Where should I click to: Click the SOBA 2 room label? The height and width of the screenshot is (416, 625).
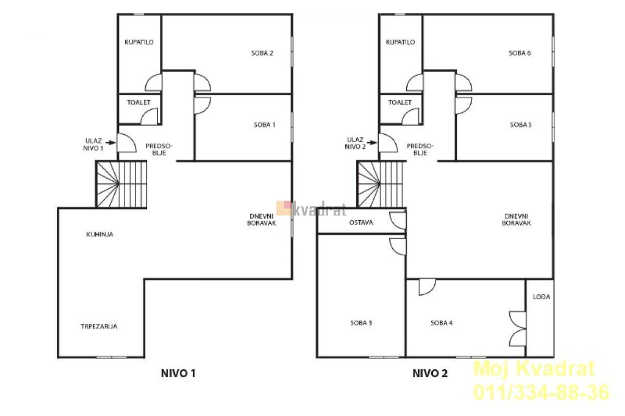pyautogui.click(x=262, y=53)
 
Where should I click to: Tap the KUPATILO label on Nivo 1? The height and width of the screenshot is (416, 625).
pyautogui.click(x=139, y=42)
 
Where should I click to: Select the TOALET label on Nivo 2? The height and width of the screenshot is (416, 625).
pyautogui.click(x=400, y=103)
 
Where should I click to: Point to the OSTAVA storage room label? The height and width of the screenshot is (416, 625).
pyautogui.click(x=361, y=223)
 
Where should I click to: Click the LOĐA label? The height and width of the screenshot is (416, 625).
pyautogui.click(x=542, y=297)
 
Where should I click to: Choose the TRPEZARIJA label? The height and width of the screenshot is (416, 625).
pyautogui.click(x=99, y=326)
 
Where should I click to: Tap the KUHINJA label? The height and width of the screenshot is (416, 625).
pyautogui.click(x=99, y=234)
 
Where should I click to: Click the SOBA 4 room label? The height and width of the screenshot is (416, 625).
pyautogui.click(x=442, y=323)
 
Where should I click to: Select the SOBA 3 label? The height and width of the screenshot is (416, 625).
pyautogui.click(x=361, y=323)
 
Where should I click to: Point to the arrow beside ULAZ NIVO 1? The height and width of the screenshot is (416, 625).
pyautogui.click(x=111, y=143)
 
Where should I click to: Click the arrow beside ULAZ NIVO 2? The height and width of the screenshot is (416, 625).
pyautogui.click(x=372, y=143)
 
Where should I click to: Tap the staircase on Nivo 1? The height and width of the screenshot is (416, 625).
pyautogui.click(x=121, y=184)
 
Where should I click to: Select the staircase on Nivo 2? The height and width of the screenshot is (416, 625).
pyautogui.click(x=381, y=184)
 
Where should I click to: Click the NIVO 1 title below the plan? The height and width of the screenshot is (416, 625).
pyautogui.click(x=178, y=373)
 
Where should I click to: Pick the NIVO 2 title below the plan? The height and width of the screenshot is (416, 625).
pyautogui.click(x=430, y=373)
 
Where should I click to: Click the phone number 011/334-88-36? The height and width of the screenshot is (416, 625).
pyautogui.click(x=541, y=392)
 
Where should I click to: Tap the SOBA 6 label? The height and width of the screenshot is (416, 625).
pyautogui.click(x=520, y=53)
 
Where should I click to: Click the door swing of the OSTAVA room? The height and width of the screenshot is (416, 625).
pyautogui.click(x=397, y=220)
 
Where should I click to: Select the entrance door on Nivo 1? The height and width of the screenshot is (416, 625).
pyautogui.click(x=127, y=143)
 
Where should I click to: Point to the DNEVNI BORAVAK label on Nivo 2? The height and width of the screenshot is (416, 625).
pyautogui.click(x=517, y=220)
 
